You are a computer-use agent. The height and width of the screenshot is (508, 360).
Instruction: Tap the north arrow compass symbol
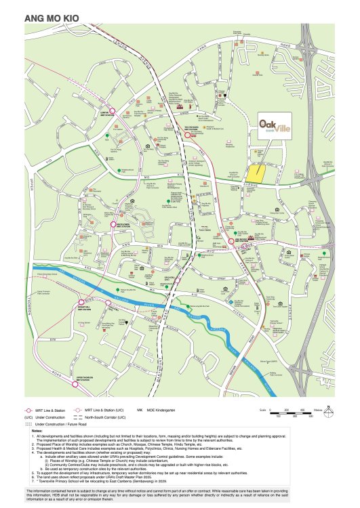328,411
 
